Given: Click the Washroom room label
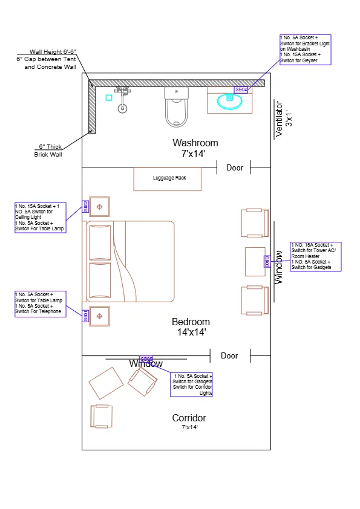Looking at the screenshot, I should click(195, 143).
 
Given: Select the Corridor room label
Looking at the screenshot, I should click(189, 418).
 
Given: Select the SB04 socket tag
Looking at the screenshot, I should click(241, 89).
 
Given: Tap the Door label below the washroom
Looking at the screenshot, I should click(235, 167).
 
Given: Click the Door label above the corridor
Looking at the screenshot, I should click(229, 355).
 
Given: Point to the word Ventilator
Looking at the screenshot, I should click(279, 119).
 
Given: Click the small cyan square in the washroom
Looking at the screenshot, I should click(109, 97).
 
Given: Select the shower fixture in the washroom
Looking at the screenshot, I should click(123, 99).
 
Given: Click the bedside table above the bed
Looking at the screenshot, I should click(99, 207).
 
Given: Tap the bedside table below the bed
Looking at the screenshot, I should click(99, 316).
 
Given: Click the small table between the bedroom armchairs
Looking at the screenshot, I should click(255, 261).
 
